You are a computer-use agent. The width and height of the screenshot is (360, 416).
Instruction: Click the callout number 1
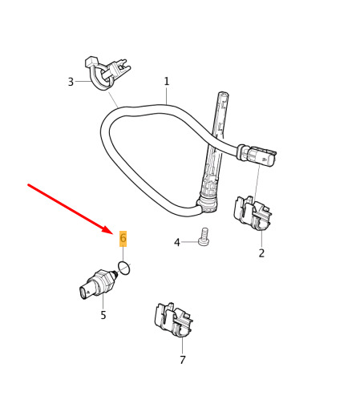tap(167, 81)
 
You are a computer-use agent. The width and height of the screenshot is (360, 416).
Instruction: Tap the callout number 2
tap(261, 252)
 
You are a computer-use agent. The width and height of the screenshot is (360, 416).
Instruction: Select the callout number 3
tap(71, 82)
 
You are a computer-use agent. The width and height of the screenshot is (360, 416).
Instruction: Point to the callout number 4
tap(176, 243)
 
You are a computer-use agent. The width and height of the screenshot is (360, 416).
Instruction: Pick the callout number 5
tap(103, 315)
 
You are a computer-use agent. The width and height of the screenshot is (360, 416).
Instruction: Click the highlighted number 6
tap(123, 238)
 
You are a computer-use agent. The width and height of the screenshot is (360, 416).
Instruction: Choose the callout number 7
tap(183, 360)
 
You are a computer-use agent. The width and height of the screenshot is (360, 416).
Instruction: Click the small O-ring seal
tap(124, 269)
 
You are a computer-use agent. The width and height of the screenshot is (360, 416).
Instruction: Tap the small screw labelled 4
tap(204, 236)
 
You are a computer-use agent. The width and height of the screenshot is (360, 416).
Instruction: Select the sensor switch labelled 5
tap(99, 284)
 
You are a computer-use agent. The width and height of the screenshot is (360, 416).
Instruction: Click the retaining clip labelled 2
tap(253, 213)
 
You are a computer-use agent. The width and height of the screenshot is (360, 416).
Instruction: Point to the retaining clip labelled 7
tap(173, 320)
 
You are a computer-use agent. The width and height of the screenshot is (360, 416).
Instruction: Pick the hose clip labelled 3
tap(107, 73)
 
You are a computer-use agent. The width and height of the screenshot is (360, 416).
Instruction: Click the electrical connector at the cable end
tap(257, 155)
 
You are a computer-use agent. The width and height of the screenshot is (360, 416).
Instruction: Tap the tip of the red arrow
tap(113, 233)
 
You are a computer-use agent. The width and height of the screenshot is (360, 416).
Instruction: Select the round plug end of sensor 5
tap(84, 293)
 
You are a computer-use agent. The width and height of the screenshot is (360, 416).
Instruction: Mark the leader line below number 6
tap(123, 254)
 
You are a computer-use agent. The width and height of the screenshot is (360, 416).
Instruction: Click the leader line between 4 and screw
tap(190, 242)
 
